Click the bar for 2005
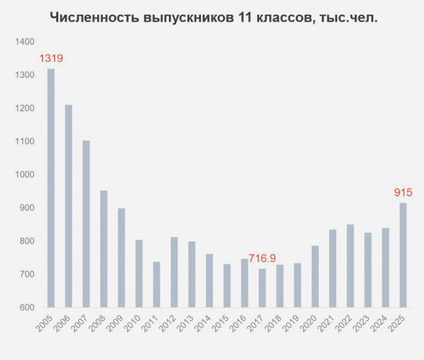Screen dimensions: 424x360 (x=51, y=188)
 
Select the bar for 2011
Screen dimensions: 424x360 (x=157, y=284)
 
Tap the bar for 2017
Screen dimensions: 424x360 (x=262, y=288)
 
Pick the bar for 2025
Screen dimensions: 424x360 (x=403, y=255)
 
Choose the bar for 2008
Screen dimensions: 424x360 (x=104, y=249)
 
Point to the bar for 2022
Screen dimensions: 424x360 (x=350, y=265)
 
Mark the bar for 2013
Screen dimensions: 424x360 (x=192, y=275)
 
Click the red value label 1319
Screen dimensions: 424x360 (x=51, y=58)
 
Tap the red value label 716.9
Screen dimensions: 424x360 (x=262, y=258)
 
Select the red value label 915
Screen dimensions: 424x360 (x=403, y=192)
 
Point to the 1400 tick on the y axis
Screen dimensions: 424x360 (x=25, y=42)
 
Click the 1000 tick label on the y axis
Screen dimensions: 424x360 (x=25, y=175)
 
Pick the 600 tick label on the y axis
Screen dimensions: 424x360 (x=27, y=307)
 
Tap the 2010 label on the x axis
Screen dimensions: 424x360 (x=132, y=323)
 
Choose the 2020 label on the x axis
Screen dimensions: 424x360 (x=309, y=323)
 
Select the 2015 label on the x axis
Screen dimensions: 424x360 (x=220, y=323)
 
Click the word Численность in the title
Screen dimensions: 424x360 (x=95, y=18)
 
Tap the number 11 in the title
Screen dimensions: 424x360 (x=245, y=18)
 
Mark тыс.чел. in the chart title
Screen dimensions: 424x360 (x=348, y=18)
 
